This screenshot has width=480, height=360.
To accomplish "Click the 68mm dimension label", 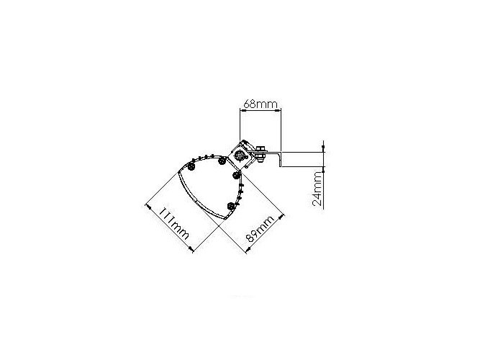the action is (x=261, y=104).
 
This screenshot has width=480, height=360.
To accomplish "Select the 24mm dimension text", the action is (x=317, y=189).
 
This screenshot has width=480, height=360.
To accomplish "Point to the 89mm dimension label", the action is (x=260, y=229).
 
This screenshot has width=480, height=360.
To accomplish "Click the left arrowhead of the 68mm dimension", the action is (x=242, y=111).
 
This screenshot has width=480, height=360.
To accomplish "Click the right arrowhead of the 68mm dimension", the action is (x=279, y=111).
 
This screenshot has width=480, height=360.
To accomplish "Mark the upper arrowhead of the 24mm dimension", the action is (x=324, y=149).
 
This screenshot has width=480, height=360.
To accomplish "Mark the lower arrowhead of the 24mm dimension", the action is (x=324, y=169).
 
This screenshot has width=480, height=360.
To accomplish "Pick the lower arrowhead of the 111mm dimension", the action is (x=191, y=249).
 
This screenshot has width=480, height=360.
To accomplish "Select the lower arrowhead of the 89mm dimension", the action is (x=248, y=251).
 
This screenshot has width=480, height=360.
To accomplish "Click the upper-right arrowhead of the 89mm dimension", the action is (x=281, y=217).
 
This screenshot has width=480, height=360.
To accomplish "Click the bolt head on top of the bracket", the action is (x=261, y=148).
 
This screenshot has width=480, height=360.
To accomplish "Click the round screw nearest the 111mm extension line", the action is (x=191, y=166).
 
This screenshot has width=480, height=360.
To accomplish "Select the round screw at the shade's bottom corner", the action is (x=231, y=206).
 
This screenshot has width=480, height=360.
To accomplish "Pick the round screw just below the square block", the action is (x=236, y=176).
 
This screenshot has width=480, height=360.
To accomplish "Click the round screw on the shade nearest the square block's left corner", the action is (x=222, y=161).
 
